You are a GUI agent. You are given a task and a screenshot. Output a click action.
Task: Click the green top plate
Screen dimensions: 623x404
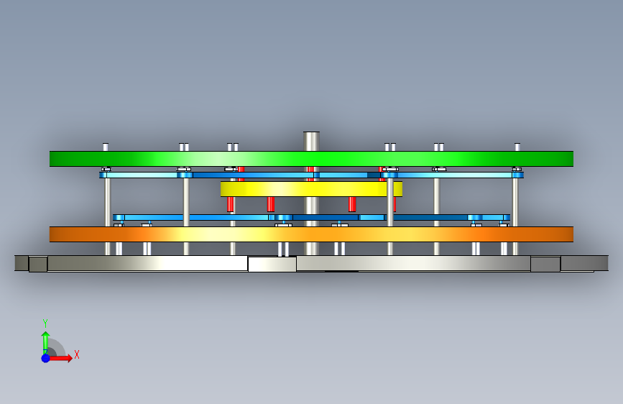pyautogui.click(x=311, y=158)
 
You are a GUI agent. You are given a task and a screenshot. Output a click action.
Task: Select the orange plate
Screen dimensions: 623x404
pyautogui.click(x=311, y=234)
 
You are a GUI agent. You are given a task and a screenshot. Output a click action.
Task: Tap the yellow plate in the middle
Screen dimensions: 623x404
pyautogui.click(x=311, y=189)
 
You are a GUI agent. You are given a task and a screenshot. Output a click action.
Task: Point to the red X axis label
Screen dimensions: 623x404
pyautogui.click(x=77, y=354)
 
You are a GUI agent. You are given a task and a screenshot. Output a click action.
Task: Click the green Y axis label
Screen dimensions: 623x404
pyautogui.click(x=45, y=323)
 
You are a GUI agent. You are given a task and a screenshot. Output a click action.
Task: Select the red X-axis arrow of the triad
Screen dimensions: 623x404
pyautogui.click(x=63, y=357)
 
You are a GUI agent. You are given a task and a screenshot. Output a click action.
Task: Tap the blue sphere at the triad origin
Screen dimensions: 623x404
pyautogui.click(x=45, y=357)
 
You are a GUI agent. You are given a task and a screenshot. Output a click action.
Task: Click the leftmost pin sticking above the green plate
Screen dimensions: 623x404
pyautogui.click(x=106, y=147)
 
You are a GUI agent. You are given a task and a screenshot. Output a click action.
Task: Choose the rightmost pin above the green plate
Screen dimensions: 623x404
pyautogui.click(x=517, y=147)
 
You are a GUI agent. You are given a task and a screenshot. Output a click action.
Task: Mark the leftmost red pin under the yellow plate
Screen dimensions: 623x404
pyautogui.click(x=231, y=203)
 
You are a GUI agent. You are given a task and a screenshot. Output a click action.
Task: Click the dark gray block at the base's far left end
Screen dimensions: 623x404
pyautogui.click(x=22, y=263)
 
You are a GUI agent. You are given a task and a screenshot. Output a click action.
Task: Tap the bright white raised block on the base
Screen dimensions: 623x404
pyautogui.click(x=272, y=264)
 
